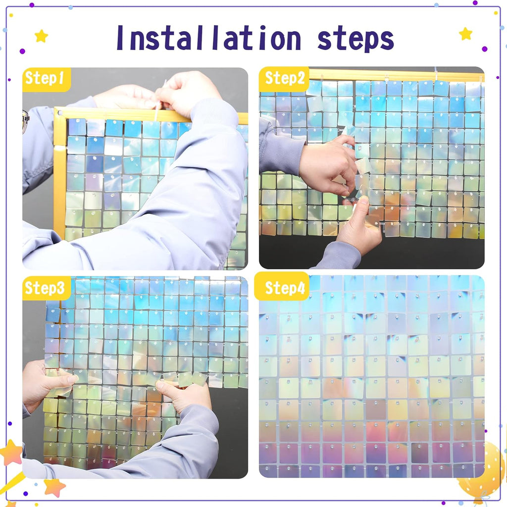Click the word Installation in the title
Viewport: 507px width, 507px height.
(208, 39)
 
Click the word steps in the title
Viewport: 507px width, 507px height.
(355, 39)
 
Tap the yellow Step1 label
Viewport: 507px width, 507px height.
(45, 79)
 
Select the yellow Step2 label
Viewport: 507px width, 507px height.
(284, 78)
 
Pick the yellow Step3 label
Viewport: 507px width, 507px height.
(45, 289)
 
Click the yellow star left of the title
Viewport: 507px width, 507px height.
(41, 36)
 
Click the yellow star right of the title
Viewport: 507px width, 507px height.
(465, 34)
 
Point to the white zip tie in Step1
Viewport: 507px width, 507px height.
(158, 107)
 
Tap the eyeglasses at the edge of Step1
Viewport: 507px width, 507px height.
(25, 121)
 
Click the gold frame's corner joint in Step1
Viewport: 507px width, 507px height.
(59, 114)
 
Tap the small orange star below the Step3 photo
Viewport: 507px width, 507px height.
(54, 487)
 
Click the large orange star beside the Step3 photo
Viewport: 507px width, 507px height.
(11, 453)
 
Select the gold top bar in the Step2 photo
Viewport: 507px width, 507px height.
(396, 75)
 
